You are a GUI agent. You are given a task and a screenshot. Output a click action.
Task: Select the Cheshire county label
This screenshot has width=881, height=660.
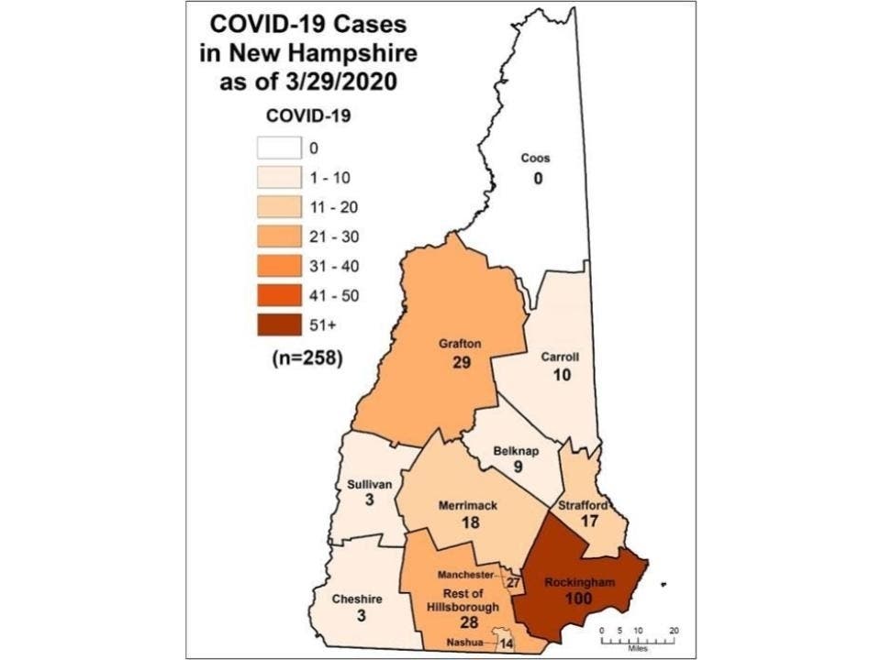[x=357, y=599]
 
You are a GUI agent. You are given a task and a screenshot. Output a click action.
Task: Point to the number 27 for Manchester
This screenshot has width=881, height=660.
[x=514, y=581]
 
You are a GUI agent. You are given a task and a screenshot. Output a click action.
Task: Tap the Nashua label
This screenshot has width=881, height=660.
[x=467, y=643]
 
